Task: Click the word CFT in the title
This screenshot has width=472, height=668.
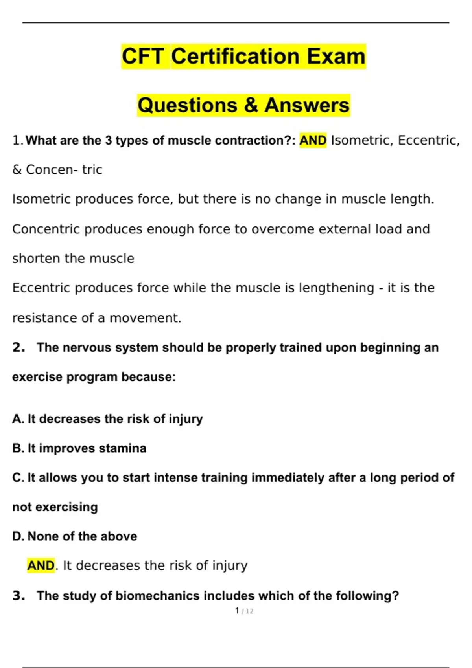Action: click(x=142, y=56)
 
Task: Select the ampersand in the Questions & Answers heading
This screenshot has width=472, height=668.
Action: click(x=250, y=105)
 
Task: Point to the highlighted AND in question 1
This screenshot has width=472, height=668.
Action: click(x=313, y=140)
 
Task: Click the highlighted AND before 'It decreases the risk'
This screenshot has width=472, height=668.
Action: click(x=41, y=565)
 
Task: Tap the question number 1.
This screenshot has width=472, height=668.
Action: click(x=16, y=140)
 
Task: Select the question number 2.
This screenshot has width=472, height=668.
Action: click(x=18, y=347)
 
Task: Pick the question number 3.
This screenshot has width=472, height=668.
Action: click(x=18, y=596)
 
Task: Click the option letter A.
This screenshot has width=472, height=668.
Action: click(x=17, y=419)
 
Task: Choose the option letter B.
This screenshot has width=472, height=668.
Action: click(x=17, y=448)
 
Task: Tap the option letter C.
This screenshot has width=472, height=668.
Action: click(x=17, y=478)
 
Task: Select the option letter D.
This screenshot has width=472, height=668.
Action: click(x=18, y=536)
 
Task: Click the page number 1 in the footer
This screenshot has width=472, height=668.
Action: click(x=237, y=611)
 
